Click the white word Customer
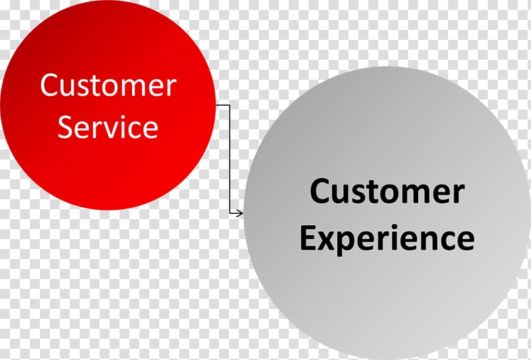[108, 85]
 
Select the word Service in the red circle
[108, 127]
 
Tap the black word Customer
[387, 191]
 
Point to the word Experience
[387, 238]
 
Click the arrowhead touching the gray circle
[240, 213]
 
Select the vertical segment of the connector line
[230, 159]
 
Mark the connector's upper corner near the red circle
[230, 105]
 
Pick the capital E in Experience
[307, 237]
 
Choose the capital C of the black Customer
[319, 191]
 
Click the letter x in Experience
[327, 240]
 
